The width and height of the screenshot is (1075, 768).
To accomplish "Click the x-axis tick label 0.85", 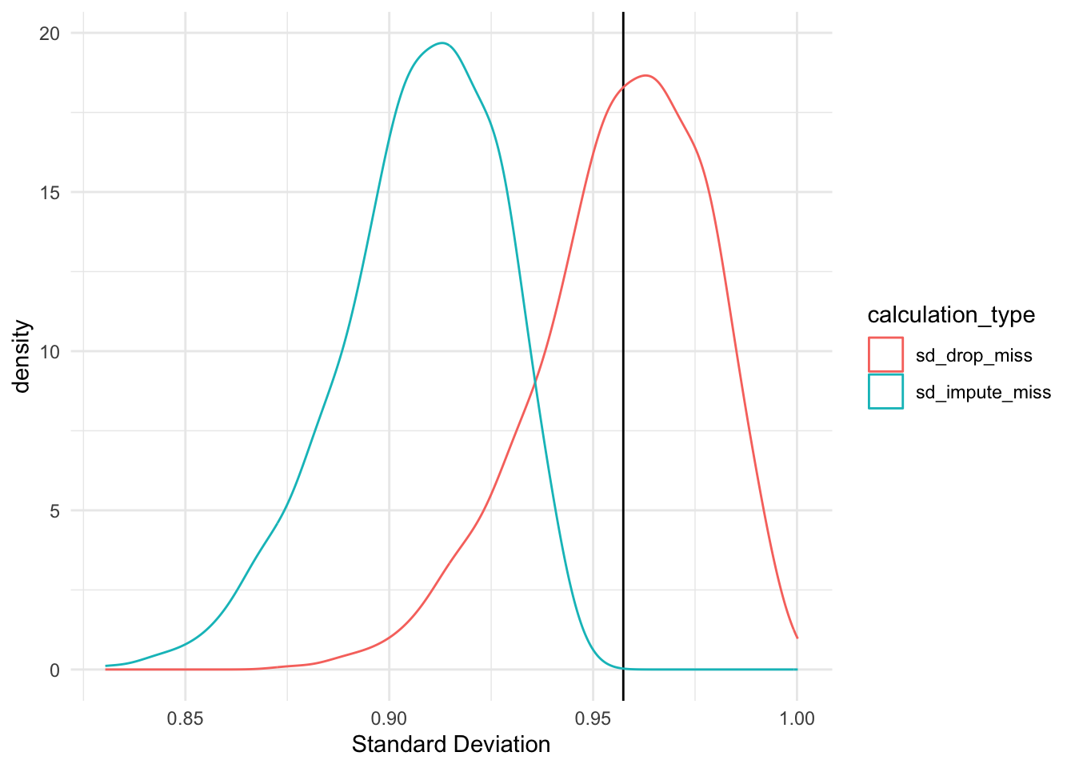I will pos(185,718).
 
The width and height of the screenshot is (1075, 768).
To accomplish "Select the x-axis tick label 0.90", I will pos(389,718).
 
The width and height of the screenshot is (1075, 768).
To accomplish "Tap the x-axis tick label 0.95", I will pos(593,718).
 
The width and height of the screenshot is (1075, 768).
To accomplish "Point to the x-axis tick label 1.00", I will pos(797,718).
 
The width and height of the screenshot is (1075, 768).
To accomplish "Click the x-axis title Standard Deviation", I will pos(451,745).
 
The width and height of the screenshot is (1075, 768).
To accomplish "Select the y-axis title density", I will pos(22,357).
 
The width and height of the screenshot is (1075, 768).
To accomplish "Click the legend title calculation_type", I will pos(951,315).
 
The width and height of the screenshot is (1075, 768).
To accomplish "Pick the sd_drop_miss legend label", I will pos(973,355).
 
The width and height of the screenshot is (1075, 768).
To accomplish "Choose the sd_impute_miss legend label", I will pos(983,392).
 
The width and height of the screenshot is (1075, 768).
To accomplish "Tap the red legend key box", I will pos(885,355).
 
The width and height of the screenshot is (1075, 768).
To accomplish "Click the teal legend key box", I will pos(885,392).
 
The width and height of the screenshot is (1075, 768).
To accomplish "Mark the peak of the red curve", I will pos(646,76).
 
